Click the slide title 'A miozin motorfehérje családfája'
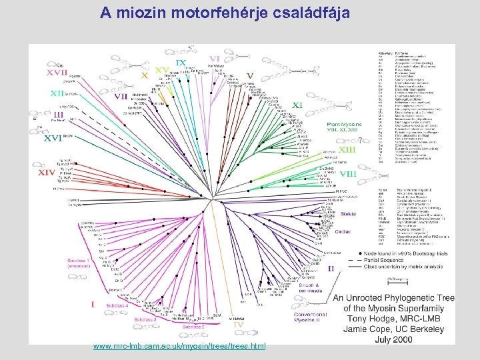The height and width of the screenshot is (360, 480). (x=225, y=13)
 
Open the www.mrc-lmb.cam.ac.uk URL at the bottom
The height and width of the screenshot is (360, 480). (x=179, y=346)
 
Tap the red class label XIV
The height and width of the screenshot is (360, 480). (x=47, y=172)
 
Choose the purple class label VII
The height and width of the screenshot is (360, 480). (x=121, y=95)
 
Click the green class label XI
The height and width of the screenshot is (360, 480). (x=298, y=105)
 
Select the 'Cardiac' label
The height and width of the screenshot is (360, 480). (x=343, y=231)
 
